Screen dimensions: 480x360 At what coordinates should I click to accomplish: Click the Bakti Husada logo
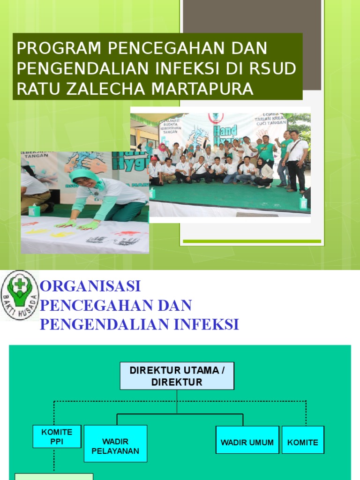[20, 295]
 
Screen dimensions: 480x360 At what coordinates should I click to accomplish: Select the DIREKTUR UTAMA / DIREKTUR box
[177, 376]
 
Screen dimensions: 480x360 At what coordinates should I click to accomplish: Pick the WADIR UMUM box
[247, 442]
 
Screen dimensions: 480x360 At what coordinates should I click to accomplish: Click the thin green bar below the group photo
[252, 241]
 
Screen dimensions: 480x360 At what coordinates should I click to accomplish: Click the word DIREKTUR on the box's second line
[177, 382]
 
